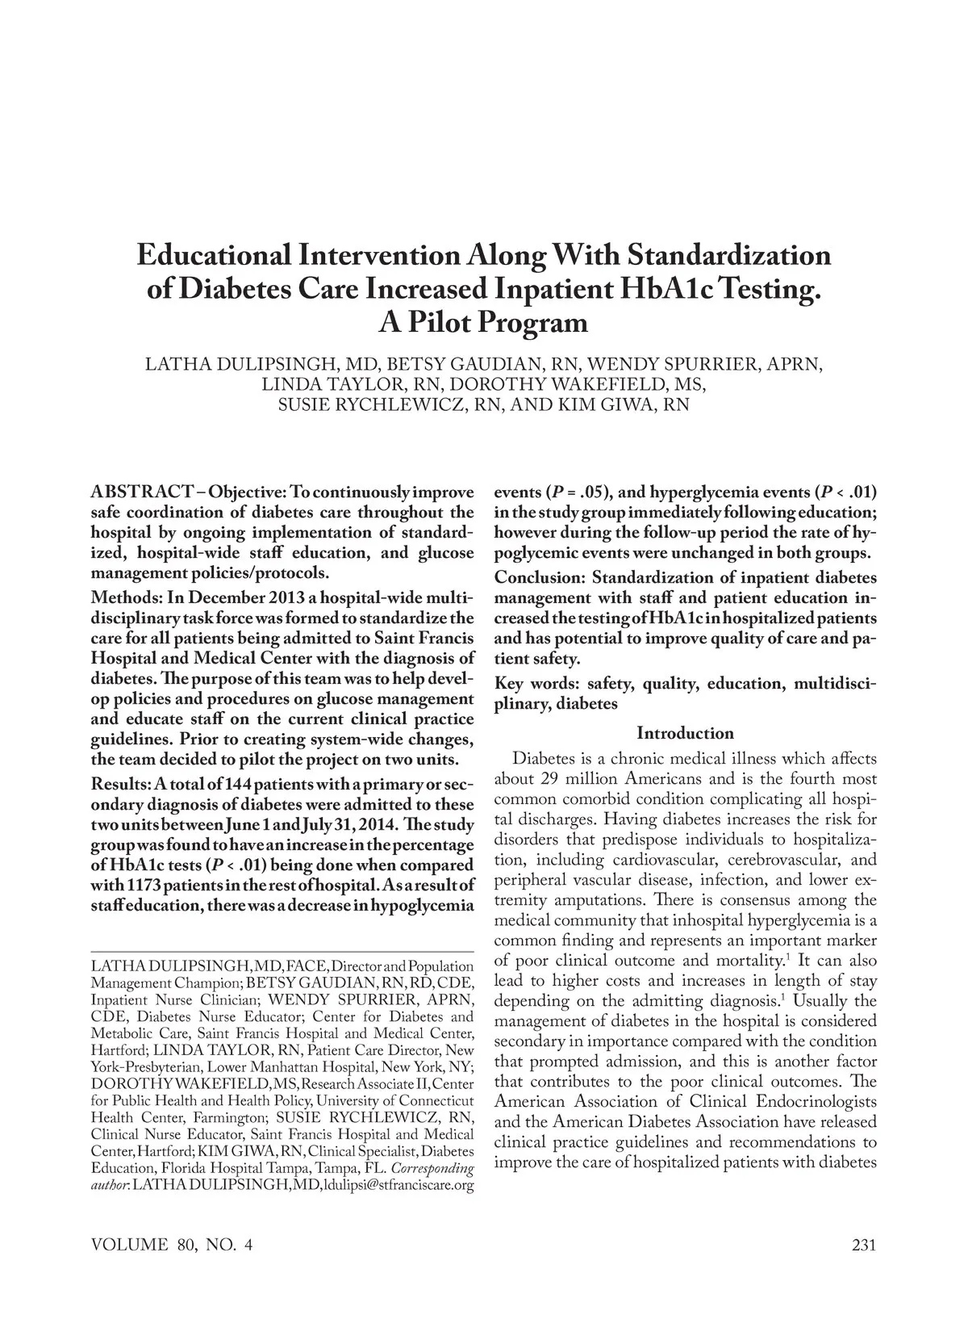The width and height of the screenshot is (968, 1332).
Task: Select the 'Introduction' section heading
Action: coord(685,733)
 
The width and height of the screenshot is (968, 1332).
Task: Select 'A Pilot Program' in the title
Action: coord(483,323)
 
